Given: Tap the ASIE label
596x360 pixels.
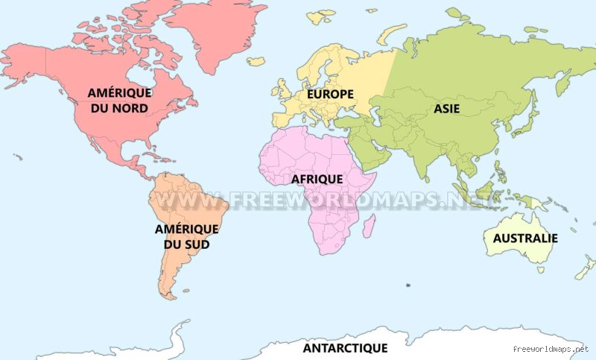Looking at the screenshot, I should point(446,109).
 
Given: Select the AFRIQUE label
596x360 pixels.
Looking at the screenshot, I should point(317,180).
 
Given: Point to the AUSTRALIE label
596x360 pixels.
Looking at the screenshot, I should point(521,239).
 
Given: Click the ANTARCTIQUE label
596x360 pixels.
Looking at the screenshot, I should point(345,348).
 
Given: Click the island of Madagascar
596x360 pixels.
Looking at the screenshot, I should point(368,226).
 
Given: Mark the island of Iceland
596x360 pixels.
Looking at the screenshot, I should point(256,61).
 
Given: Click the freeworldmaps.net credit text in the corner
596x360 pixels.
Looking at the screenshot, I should point(551,348).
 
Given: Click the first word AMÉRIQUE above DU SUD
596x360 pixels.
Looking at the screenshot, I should point(187,229).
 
